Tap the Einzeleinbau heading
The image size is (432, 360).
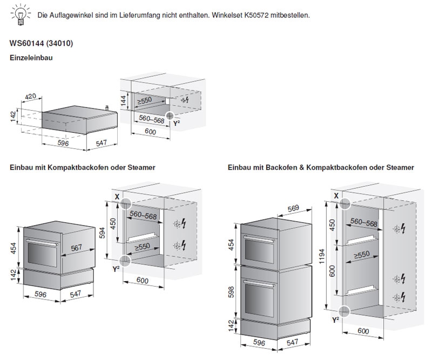31,57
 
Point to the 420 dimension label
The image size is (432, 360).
31,97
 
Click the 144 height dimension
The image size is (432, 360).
124,99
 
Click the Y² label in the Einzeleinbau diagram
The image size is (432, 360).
176,124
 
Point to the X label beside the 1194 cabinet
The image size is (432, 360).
337,194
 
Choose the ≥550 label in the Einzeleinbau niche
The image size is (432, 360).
146,100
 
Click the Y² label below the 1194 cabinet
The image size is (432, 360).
335,320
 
